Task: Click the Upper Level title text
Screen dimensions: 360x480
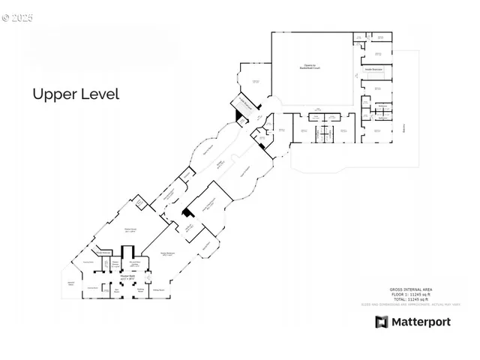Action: tap(76, 94)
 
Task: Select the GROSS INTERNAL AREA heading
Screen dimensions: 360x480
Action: tap(411, 289)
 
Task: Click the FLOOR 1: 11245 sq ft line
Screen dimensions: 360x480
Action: tap(411, 294)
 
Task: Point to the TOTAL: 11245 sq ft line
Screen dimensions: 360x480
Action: tap(411, 299)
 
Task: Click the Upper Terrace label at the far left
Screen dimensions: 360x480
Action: tap(71, 283)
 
